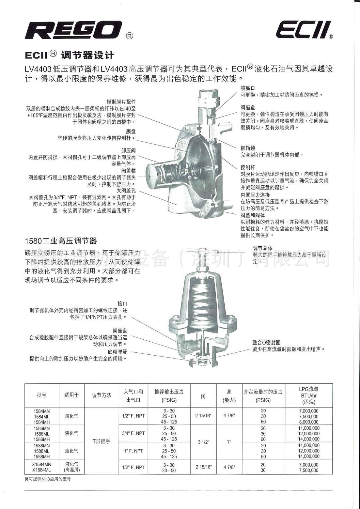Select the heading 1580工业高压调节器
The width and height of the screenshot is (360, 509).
point(61,241)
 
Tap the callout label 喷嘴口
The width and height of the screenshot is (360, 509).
point(248,88)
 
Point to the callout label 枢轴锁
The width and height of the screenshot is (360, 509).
point(248,148)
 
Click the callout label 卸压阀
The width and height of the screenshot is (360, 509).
point(128,150)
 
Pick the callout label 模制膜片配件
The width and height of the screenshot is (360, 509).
point(121,102)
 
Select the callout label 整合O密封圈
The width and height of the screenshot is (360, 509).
point(266,342)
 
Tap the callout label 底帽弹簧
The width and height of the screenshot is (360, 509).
point(117,352)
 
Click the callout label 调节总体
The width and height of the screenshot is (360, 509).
point(263,248)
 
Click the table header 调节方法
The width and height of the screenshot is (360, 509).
point(102,395)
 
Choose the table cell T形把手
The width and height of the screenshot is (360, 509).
point(102,441)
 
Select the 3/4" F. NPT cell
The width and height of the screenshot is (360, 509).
point(133,433)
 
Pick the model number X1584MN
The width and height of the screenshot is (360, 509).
point(42,464)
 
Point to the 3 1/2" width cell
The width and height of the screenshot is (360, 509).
point(203,442)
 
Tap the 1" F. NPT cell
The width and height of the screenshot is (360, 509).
point(133,451)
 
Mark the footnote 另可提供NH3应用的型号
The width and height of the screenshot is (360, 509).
point(48,479)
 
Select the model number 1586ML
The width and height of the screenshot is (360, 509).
point(42,434)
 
